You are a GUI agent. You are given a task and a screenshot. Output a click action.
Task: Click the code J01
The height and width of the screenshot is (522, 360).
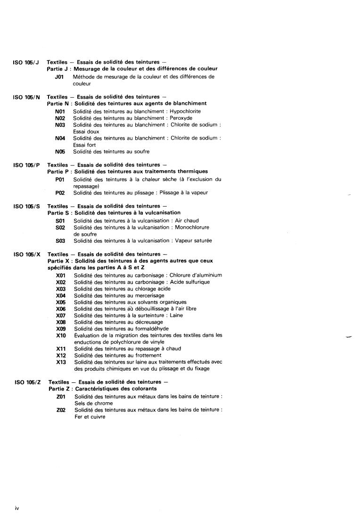(59, 76)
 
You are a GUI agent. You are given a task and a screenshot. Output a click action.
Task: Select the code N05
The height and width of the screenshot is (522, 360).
(60, 152)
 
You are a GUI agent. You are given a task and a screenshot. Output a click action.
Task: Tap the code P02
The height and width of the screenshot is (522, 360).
(60, 193)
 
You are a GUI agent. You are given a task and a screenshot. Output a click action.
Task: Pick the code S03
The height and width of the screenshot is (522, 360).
(60, 241)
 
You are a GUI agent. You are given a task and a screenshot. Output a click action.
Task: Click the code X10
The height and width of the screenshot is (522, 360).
(61, 336)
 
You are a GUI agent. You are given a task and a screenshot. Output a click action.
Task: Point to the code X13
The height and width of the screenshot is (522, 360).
(61, 362)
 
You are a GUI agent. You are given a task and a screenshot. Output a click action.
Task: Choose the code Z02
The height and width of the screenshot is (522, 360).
(61, 410)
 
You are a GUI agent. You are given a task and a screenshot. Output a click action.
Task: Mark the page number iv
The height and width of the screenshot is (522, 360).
(16, 508)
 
